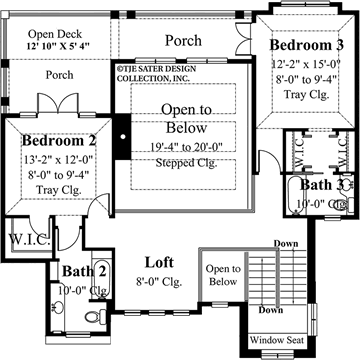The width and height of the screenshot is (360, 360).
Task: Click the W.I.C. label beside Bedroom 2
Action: click(x=21, y=239)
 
